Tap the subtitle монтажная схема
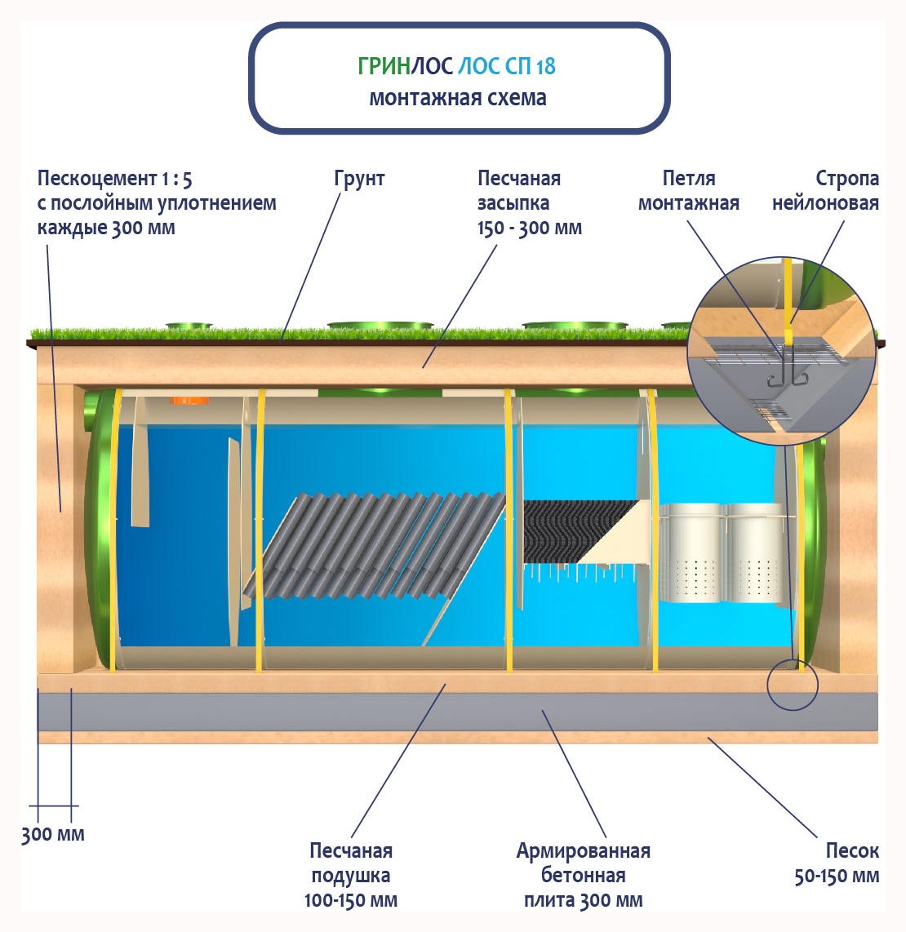coord(458,98)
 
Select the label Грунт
coord(359,179)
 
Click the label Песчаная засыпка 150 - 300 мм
coord(529,203)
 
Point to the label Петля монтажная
coord(688,191)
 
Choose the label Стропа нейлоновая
coord(825,191)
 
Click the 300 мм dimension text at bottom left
coord(52,835)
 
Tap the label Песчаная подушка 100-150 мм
coord(351,876)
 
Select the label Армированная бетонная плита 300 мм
coord(583,876)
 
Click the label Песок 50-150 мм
coord(837,863)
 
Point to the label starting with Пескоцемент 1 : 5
coord(157,202)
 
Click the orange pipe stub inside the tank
coord(189,401)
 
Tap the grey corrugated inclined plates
coord(384,543)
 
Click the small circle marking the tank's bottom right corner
coord(792,684)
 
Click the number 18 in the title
coord(545,66)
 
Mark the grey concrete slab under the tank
coord(457,712)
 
